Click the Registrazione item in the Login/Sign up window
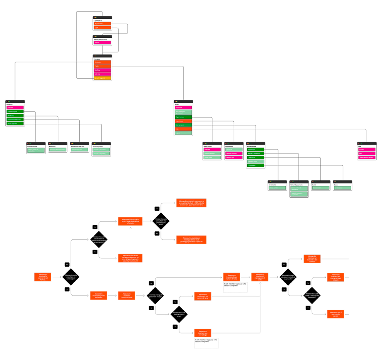point(102,24)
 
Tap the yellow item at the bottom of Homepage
point(102,78)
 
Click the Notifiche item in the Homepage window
point(102,70)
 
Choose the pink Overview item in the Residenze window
point(15,108)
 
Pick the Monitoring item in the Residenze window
point(15,116)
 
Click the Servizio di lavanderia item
point(101,153)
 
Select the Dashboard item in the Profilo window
point(183,108)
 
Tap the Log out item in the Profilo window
point(183,133)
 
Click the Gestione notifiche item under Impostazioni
point(234,153)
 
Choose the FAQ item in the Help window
point(367,153)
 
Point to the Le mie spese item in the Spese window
point(342,188)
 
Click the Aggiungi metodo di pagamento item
point(299,194)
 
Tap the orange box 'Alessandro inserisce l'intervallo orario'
point(126,295)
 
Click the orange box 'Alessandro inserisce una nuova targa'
point(203,333)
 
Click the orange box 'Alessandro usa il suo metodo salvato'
point(335,314)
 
